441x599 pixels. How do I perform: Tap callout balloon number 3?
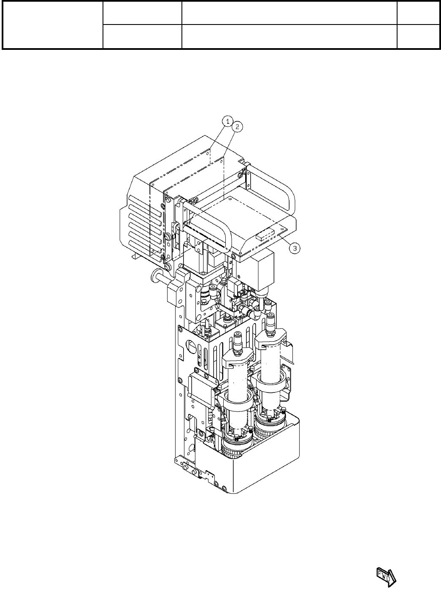296,248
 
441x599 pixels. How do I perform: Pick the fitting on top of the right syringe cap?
270,323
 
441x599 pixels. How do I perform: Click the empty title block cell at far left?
53,25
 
